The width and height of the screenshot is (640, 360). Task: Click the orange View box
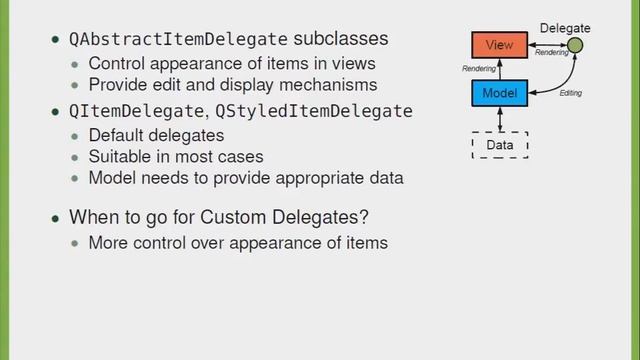pos(498,46)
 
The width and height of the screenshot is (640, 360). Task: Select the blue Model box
pos(498,93)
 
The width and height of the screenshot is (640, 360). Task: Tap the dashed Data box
pos(499,145)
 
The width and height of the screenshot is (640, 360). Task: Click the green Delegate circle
pos(575,46)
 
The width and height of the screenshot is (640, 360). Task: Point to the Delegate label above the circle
pos(565,28)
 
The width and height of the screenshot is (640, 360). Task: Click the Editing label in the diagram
pos(570,93)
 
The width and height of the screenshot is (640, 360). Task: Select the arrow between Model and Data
pos(499,119)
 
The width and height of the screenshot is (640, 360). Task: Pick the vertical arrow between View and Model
pos(499,69)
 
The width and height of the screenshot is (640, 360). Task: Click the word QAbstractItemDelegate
pos(178,40)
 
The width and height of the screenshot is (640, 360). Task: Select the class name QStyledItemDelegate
pos(314,111)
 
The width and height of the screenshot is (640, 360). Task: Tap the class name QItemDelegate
pos(135,111)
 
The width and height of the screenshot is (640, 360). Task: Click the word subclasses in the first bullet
pos(340,40)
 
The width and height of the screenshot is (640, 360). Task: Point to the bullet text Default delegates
pos(156,134)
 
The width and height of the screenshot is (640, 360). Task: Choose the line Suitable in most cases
pos(176,156)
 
